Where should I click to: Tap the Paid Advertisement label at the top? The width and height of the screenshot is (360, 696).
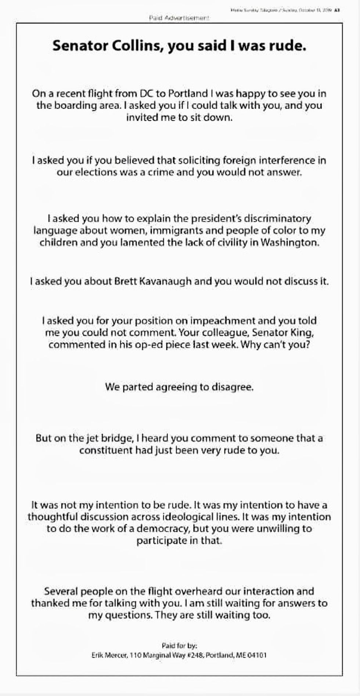[x=179, y=18]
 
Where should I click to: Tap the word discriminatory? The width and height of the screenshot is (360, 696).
[x=271, y=219]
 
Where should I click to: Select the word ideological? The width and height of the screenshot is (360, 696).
[x=188, y=517]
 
